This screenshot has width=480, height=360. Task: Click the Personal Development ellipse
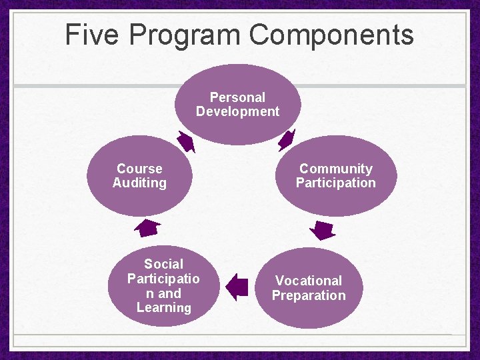[x=237, y=105]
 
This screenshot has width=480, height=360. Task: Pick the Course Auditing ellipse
[x=139, y=176]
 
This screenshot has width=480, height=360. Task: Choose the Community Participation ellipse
[x=336, y=176]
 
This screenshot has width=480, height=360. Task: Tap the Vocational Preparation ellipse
[x=309, y=288]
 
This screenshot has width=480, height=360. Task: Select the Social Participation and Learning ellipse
[x=163, y=286]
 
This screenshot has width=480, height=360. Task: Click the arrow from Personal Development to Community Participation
[x=286, y=140]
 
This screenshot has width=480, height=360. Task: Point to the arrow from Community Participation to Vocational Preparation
[x=324, y=230]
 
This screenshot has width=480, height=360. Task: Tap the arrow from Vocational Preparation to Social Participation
[x=237, y=287]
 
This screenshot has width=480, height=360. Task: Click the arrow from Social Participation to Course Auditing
[x=147, y=228]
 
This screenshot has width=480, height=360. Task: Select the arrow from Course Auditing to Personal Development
[x=186, y=141]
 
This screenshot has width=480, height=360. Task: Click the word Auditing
[x=139, y=183]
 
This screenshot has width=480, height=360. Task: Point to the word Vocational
[x=309, y=281]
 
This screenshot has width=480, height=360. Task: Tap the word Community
[x=336, y=169]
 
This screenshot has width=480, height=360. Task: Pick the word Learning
[x=163, y=307]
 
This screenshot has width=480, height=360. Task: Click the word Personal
[x=237, y=97]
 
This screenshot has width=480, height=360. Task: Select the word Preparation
[x=309, y=295]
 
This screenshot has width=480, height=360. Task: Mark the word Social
[x=163, y=264]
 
